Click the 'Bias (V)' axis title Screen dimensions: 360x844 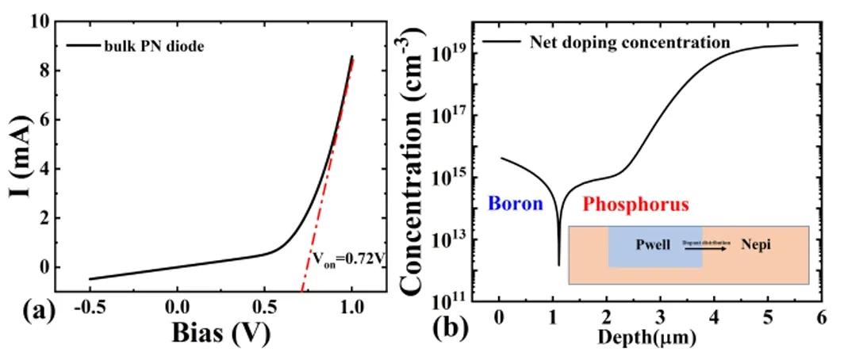(221, 334)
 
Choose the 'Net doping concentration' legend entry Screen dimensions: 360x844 (629, 42)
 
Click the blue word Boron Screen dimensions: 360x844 (515, 204)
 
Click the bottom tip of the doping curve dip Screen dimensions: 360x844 (559, 265)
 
